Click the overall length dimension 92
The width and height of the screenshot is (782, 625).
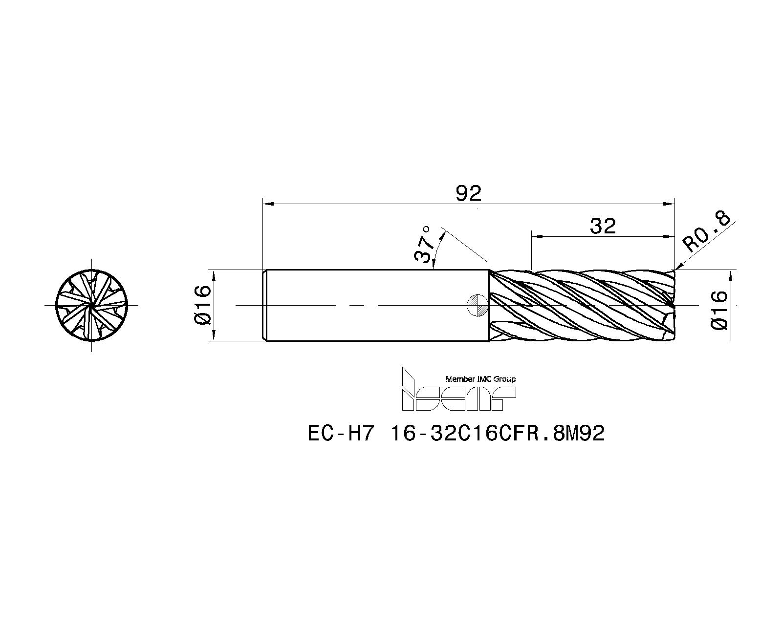(x=468, y=193)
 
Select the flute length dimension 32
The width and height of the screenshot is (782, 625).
(x=602, y=226)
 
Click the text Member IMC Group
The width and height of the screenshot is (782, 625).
(x=480, y=379)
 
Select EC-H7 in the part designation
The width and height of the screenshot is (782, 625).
(x=341, y=433)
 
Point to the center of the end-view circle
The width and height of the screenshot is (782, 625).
(x=91, y=305)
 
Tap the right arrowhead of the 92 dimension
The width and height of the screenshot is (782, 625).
(x=671, y=204)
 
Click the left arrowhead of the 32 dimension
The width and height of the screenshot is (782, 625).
(x=536, y=236)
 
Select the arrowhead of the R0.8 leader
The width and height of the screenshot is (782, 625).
(x=677, y=268)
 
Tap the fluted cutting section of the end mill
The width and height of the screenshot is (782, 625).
(x=582, y=305)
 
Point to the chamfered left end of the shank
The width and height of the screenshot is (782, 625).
(x=264, y=305)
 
